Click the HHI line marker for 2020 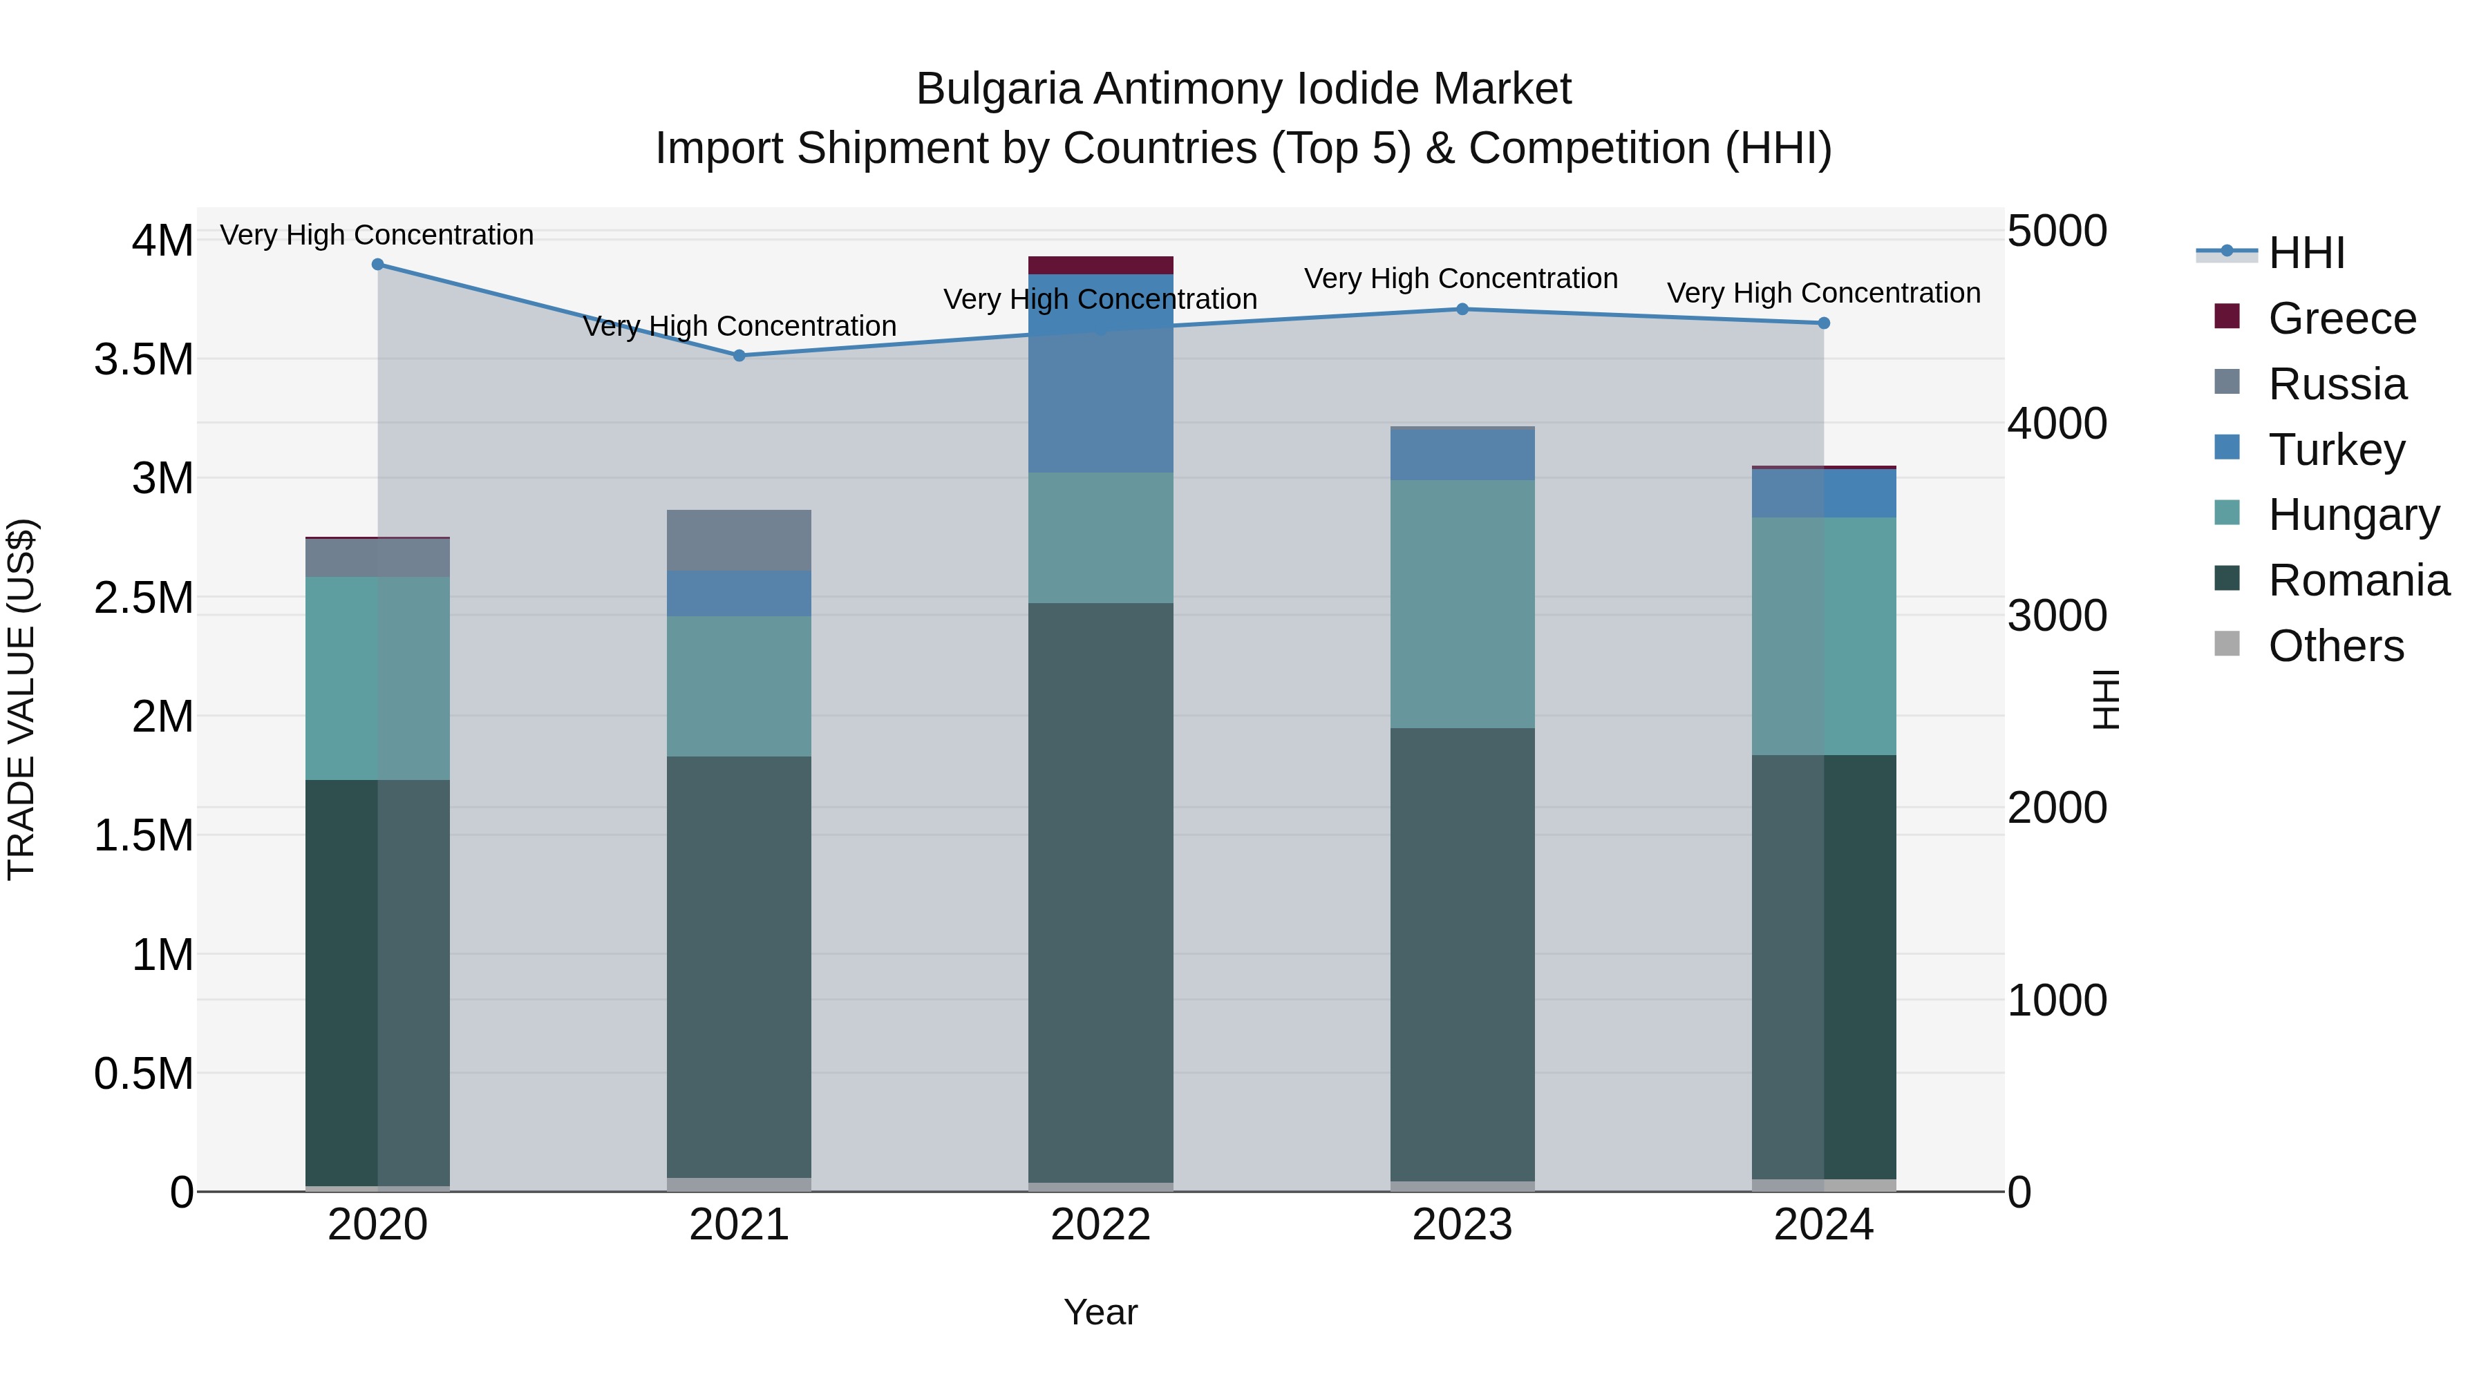click(x=377, y=265)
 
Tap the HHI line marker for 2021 click(x=739, y=355)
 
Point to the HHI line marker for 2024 click(x=1824, y=323)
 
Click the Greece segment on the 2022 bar click(x=1100, y=265)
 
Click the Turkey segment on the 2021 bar click(x=739, y=593)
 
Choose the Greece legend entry click(x=2341, y=318)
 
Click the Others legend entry click(x=2335, y=646)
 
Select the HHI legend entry click(x=2306, y=253)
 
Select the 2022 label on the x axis click(x=1100, y=1224)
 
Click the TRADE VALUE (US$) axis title click(x=21, y=699)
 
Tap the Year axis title click(x=1100, y=1312)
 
